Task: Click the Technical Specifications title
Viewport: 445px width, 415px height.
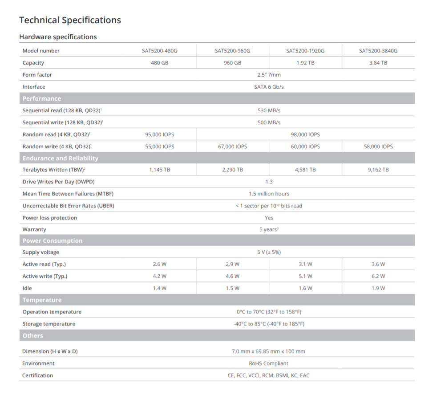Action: (x=70, y=20)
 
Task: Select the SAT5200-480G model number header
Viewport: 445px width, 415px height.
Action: (x=159, y=51)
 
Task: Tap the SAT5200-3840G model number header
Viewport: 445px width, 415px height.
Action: (x=378, y=51)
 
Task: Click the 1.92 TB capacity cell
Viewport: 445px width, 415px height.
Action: (x=305, y=63)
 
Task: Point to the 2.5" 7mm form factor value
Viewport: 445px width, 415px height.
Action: (x=269, y=75)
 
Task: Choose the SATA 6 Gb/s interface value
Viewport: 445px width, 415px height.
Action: (x=269, y=87)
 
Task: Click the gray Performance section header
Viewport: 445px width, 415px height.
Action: (x=42, y=98)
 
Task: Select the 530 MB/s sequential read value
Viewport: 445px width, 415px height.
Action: (x=269, y=110)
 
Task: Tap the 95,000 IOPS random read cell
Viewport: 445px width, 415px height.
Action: (x=159, y=134)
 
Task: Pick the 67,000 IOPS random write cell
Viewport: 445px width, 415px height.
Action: (x=232, y=146)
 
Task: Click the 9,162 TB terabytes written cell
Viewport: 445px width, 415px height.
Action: (x=378, y=170)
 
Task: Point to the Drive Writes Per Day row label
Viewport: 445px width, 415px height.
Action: (x=58, y=182)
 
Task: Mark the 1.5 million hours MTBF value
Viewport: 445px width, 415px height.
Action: (x=269, y=194)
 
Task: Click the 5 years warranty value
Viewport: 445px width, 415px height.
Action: (x=269, y=230)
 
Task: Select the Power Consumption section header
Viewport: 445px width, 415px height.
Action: (x=53, y=241)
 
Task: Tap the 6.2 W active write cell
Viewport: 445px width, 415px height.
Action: (x=378, y=276)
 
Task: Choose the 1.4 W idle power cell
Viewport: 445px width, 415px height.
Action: (x=159, y=288)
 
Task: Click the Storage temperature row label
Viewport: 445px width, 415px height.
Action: (x=49, y=324)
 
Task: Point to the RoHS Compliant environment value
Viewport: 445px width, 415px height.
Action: (x=269, y=363)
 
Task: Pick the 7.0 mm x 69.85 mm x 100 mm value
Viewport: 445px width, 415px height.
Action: (x=269, y=351)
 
